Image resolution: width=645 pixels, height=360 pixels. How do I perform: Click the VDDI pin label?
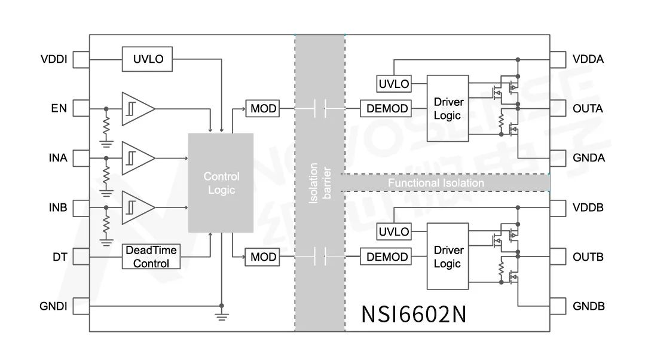pyautogui.click(x=53, y=60)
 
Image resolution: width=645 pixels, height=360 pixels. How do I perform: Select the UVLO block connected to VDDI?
pyautogui.click(x=147, y=59)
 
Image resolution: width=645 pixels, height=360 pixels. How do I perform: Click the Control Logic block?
pyautogui.click(x=221, y=182)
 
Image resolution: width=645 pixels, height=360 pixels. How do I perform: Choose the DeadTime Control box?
pyautogui.click(x=151, y=257)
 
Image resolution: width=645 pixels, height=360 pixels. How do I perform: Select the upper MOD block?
pyautogui.click(x=263, y=109)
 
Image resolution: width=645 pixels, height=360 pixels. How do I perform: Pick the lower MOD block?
pyautogui.click(x=263, y=257)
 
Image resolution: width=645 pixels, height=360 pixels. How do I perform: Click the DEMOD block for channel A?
pyautogui.click(x=387, y=109)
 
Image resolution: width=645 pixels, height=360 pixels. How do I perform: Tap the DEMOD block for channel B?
pyautogui.click(x=387, y=257)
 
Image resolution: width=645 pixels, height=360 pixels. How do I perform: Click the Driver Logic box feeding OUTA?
pyautogui.click(x=447, y=108)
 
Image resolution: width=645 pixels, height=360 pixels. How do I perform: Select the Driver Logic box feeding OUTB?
pyautogui.click(x=448, y=257)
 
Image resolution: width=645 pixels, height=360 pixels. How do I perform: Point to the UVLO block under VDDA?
pyautogui.click(x=394, y=84)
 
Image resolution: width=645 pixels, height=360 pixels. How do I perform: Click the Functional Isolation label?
pyautogui.click(x=436, y=182)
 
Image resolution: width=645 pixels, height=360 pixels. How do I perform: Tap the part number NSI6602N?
pyautogui.click(x=414, y=314)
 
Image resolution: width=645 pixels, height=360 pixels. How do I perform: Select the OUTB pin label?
pyautogui.click(x=588, y=257)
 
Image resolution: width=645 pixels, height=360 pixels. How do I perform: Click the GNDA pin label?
pyautogui.click(x=588, y=158)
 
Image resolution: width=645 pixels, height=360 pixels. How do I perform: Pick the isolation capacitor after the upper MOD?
pyautogui.click(x=320, y=109)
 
